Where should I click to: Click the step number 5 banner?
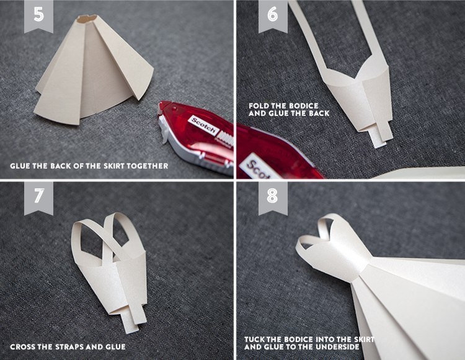(38, 15)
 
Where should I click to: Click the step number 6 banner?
(273, 15)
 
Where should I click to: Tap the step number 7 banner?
(38, 197)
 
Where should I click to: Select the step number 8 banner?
(273, 197)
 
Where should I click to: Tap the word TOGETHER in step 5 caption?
(149, 166)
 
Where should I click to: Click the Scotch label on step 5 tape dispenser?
(203, 125)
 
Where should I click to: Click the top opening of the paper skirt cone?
(87, 19)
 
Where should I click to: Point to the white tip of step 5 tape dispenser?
(164, 130)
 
